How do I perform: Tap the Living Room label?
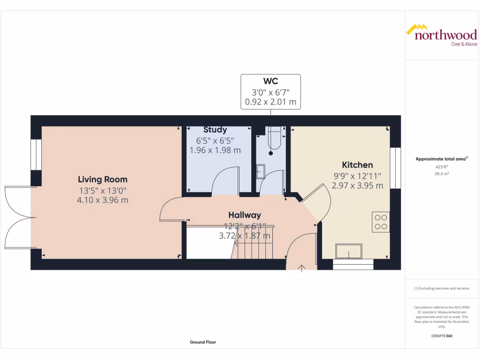tap(103, 180)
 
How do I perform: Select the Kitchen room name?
tap(357, 165)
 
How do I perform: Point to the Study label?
tap(215, 130)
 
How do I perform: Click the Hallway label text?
tap(244, 215)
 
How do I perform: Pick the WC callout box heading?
tap(270, 82)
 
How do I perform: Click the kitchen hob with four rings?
tap(381, 222)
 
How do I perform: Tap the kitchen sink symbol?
tap(348, 251)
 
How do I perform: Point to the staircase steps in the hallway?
tap(253, 244)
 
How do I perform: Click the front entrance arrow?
tap(301, 268)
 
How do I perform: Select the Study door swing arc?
tap(225, 180)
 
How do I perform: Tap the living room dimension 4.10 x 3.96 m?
tap(103, 200)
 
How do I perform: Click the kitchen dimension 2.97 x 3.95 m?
tap(357, 186)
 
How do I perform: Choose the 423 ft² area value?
tap(441, 166)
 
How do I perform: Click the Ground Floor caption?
tap(203, 342)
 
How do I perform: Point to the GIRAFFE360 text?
tap(441, 336)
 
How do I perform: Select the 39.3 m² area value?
tap(441, 173)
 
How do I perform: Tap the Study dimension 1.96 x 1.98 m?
tap(215, 150)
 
